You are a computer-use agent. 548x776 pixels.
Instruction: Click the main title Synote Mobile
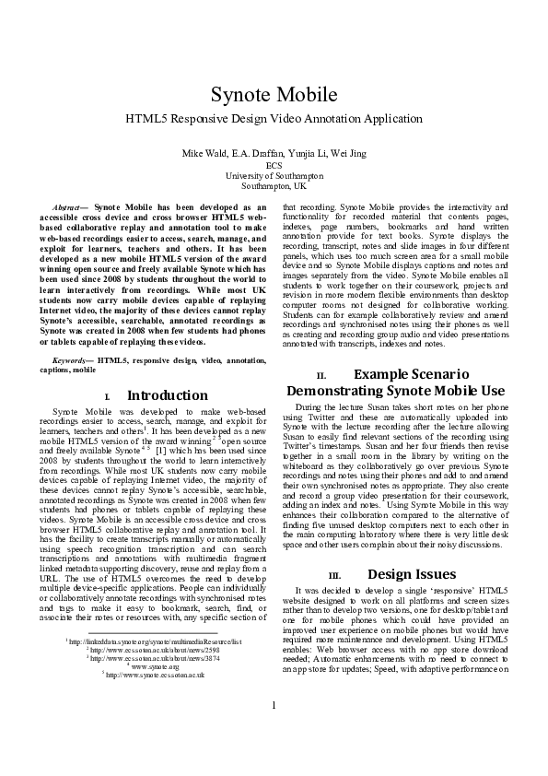tap(274, 95)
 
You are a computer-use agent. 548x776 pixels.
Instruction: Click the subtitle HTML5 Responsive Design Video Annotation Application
tap(274, 120)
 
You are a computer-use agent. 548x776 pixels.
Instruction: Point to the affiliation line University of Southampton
tap(274, 174)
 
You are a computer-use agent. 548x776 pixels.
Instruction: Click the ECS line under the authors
tap(274, 164)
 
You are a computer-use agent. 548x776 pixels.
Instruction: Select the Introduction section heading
tap(168, 395)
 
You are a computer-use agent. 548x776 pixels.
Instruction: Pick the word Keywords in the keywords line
tap(73, 359)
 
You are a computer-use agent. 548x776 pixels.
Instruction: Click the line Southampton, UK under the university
tap(274, 184)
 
